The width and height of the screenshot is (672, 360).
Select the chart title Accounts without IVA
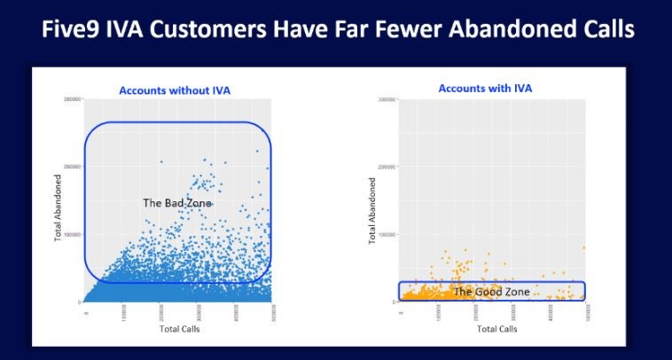[x=176, y=90]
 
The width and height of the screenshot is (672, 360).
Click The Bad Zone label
[x=178, y=203]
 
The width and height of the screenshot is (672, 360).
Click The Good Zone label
[x=491, y=291]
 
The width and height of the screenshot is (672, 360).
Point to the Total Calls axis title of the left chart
[x=176, y=329]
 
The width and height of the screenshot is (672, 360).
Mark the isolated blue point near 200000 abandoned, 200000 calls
[x=161, y=161]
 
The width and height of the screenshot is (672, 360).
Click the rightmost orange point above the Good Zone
[x=583, y=248]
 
